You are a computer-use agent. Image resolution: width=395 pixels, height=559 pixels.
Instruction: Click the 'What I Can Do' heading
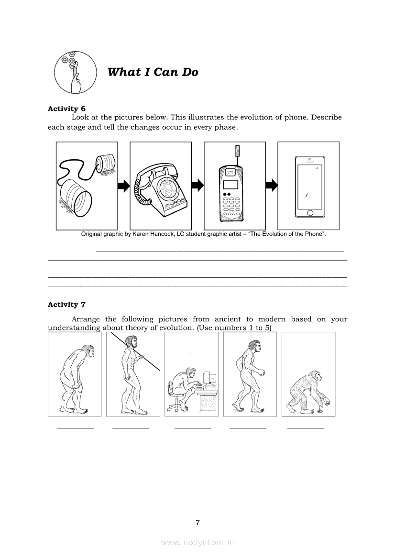click(153, 72)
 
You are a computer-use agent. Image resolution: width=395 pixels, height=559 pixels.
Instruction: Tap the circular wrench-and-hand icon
click(76, 72)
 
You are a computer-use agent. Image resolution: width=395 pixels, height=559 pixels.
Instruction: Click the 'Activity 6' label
click(66, 109)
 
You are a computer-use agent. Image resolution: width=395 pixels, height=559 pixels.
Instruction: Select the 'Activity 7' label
click(66, 305)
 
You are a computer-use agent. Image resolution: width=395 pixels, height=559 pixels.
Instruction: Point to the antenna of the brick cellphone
click(237, 156)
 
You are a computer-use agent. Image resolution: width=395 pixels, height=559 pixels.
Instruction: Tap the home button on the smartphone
click(310, 213)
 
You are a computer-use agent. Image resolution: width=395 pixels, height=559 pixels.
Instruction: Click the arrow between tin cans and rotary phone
click(124, 186)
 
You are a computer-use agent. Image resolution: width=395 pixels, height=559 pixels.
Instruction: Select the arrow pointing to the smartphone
click(272, 185)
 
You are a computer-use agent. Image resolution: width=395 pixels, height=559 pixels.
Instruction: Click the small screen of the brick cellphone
click(230, 185)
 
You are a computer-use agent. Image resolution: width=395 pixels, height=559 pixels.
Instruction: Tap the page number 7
click(197, 523)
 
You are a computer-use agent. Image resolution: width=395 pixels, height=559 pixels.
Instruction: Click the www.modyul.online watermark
click(197, 543)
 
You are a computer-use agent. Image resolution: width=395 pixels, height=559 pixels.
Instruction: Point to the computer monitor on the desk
click(210, 379)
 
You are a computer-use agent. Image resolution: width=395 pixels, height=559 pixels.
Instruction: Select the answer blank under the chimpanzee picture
click(306, 428)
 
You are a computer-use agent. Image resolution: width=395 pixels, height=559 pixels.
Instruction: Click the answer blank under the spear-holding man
click(131, 428)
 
